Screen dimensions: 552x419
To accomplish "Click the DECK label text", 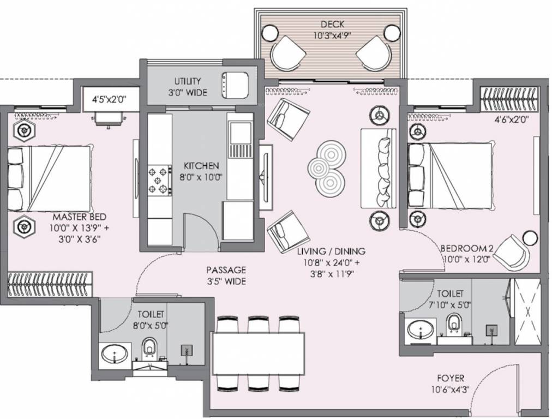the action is click(x=332, y=25).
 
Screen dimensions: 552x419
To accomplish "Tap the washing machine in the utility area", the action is click(x=235, y=85).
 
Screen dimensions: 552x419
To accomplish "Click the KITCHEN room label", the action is click(x=201, y=165).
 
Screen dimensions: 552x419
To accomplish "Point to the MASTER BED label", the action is click(x=79, y=217).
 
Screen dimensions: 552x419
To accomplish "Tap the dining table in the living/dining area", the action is click(x=259, y=353).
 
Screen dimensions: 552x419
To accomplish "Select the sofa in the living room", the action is click(x=379, y=168).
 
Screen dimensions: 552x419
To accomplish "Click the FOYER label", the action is click(x=451, y=379).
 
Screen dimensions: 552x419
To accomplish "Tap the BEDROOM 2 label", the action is click(x=465, y=249).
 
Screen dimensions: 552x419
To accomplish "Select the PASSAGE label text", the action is click(x=226, y=271).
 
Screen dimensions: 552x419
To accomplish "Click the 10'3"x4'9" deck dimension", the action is click(x=332, y=35).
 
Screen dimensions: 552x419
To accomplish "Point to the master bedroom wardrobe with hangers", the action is click(x=50, y=284).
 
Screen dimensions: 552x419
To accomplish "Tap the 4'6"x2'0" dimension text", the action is click(x=512, y=119).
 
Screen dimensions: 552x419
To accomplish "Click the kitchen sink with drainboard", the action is click(x=240, y=140).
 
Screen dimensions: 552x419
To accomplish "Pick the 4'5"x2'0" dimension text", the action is click(x=109, y=100).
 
